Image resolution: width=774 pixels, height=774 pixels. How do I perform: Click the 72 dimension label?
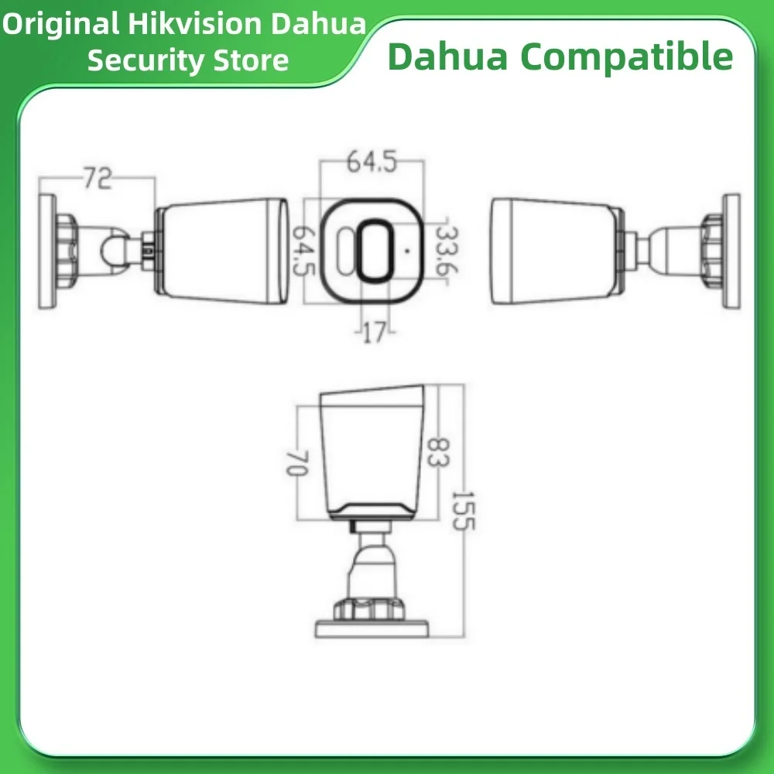(x=98, y=180)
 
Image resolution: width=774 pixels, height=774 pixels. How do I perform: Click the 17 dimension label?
(x=374, y=334)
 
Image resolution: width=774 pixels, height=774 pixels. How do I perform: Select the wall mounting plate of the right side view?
(x=731, y=251)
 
